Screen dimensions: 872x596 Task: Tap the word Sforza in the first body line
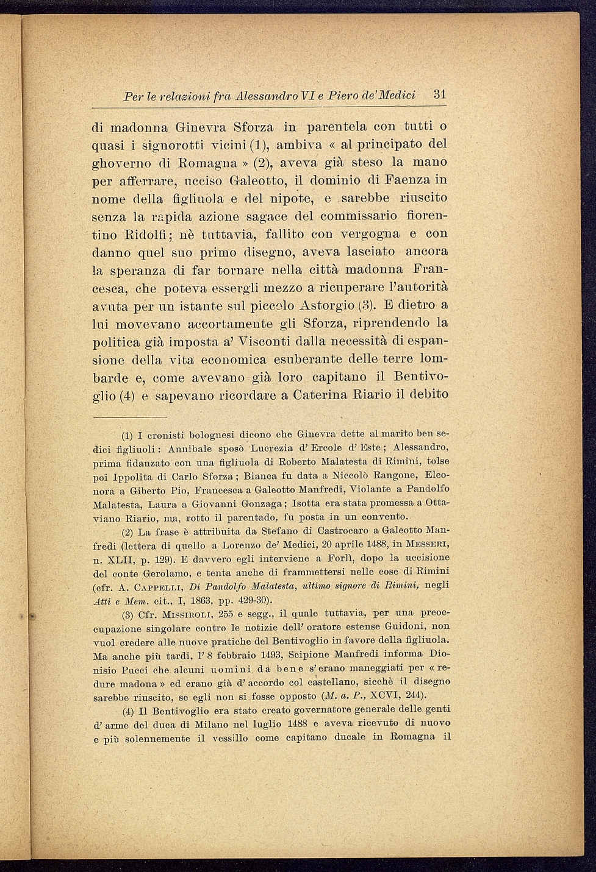click(254, 127)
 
